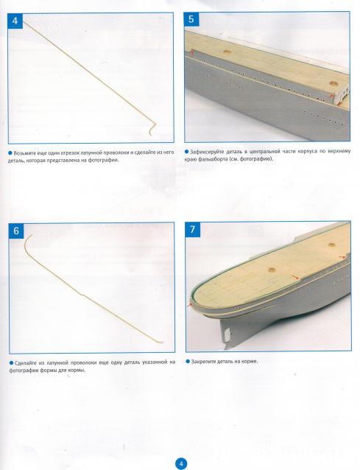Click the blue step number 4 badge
[15, 21]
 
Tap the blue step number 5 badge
[191, 19]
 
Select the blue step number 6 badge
[16, 231]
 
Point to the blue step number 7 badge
[192, 229]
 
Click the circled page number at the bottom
[180, 463]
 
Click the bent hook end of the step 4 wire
[152, 127]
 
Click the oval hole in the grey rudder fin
[227, 333]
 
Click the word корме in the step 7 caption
[250, 362]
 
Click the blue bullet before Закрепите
[188, 362]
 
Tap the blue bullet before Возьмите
[10, 153]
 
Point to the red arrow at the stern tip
[189, 305]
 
